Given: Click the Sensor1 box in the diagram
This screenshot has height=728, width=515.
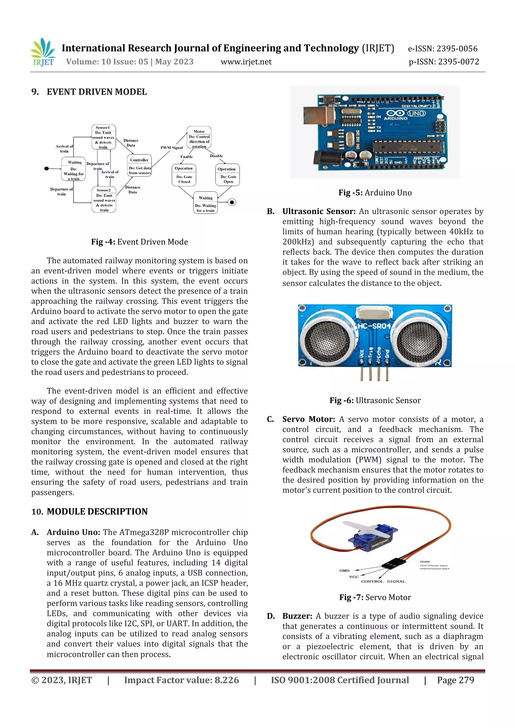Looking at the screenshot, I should pyautogui.click(x=103, y=137).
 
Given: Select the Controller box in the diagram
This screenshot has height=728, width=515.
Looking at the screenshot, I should pyautogui.click(x=140, y=166).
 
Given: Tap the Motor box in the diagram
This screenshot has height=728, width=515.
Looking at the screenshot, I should pyautogui.click(x=199, y=138).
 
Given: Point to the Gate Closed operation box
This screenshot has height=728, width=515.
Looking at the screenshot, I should pyautogui.click(x=184, y=175).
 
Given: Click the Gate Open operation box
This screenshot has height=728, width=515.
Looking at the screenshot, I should pyautogui.click(x=227, y=175).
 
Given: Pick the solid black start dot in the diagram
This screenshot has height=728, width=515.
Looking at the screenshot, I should pyautogui.click(x=47, y=168).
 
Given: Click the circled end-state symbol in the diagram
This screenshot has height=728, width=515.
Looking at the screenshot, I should pyautogui.click(x=232, y=202).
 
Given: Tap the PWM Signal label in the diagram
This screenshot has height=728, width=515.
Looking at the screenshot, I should pyautogui.click(x=172, y=148).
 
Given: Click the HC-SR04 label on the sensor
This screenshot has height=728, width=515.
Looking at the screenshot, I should pyautogui.click(x=374, y=326).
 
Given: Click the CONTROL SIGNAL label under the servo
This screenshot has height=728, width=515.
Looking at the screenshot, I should pyautogui.click(x=383, y=581).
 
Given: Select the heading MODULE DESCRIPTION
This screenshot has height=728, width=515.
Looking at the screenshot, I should pyautogui.click(x=97, y=511).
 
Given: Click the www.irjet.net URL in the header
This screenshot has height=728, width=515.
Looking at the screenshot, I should pyautogui.click(x=246, y=62).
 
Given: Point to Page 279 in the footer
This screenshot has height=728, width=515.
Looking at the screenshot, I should pyautogui.click(x=455, y=680).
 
